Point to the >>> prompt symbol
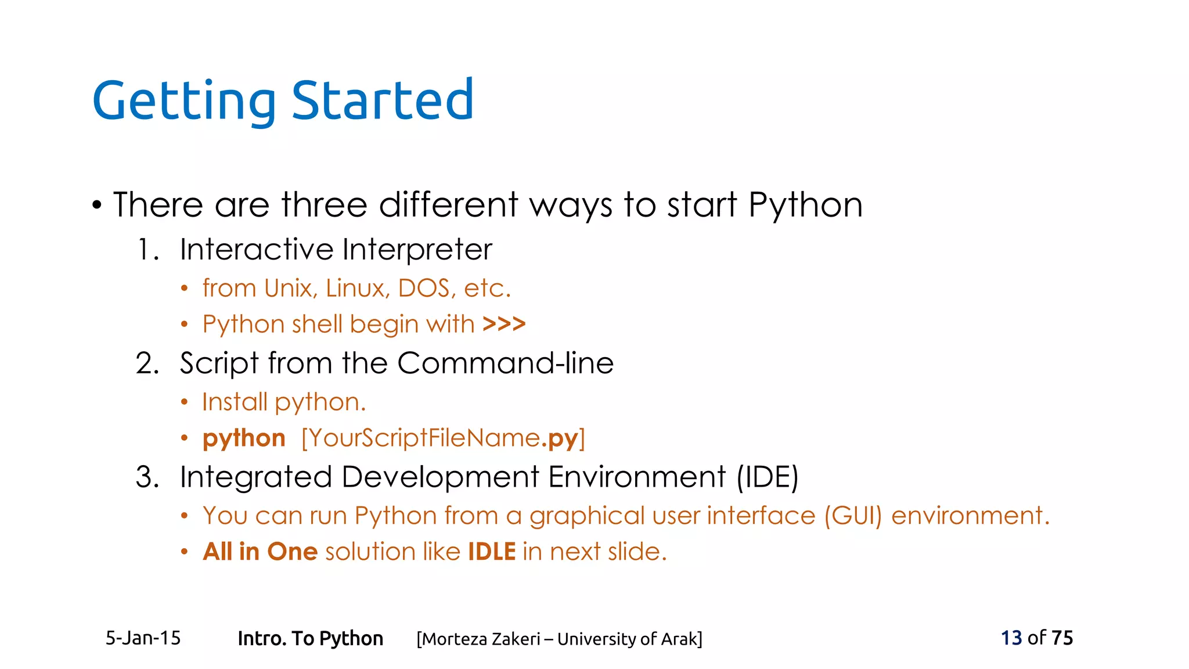pos(504,323)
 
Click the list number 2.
pos(147,364)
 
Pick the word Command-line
pos(505,364)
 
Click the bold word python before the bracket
pos(244,438)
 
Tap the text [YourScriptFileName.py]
pos(443,438)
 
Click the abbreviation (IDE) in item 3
pos(768,477)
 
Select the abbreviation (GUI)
pos(852,516)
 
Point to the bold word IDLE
pos(492,552)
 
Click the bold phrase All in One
pos(260,552)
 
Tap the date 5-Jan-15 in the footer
pos(143,638)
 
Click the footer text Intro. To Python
pos(310,639)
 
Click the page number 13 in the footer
pos(1011,638)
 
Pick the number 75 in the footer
pos(1062,638)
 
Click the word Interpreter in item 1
pos(417,250)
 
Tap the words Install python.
pos(284,402)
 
